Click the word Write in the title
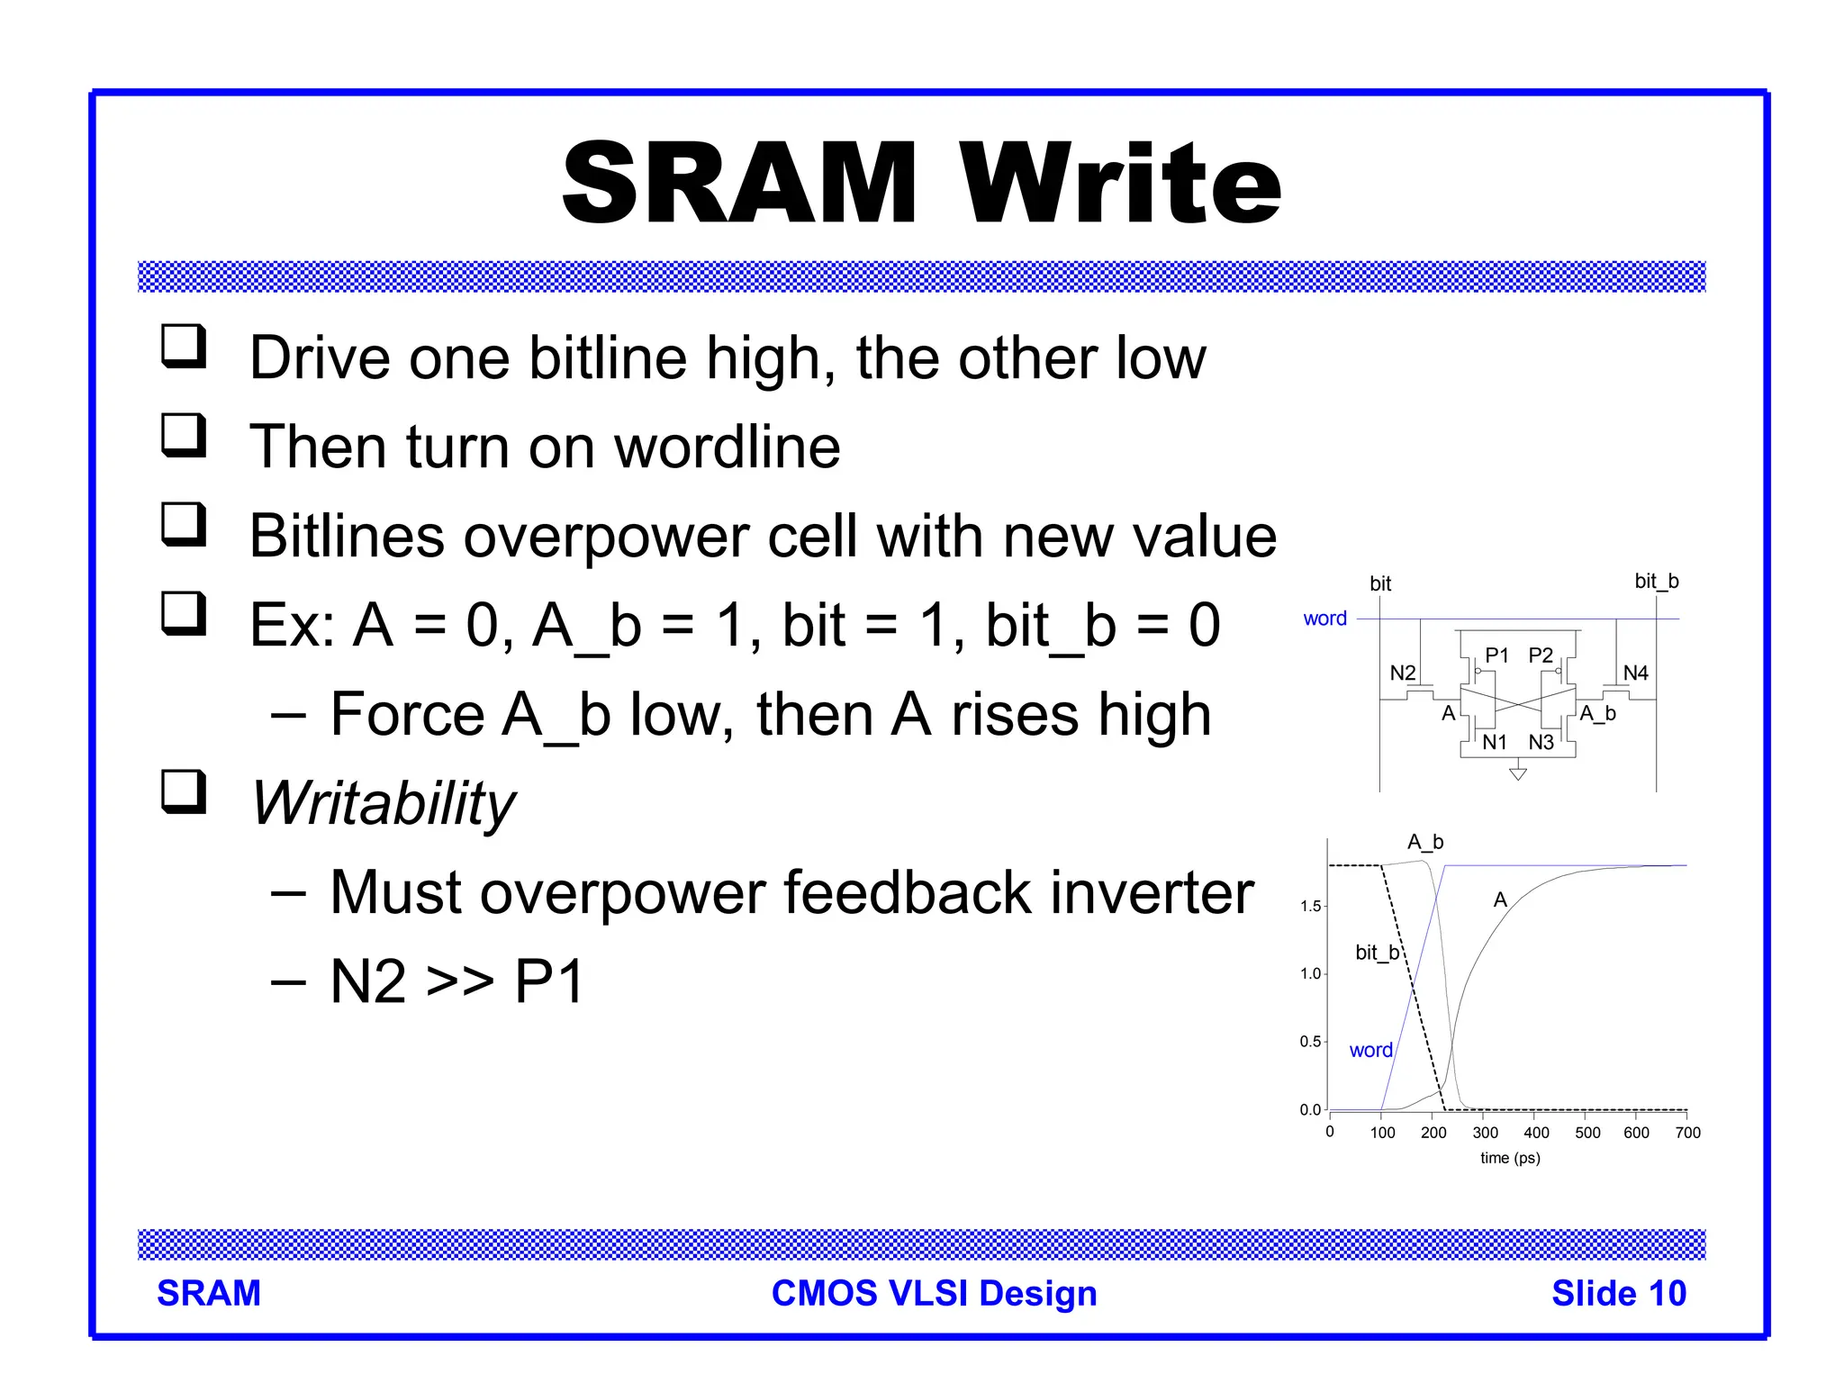1119,184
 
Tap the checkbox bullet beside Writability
184,792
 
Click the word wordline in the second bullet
728,447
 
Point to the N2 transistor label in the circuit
1402,673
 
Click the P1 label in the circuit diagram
1496,655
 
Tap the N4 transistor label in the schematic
1635,673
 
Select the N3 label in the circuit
1541,742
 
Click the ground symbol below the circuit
1518,773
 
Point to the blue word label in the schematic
1324,619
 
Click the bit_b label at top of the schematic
1656,581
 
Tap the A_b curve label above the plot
1425,842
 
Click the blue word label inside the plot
1370,1050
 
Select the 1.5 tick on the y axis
1310,906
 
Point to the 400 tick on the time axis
1536,1133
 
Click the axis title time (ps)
1510,1158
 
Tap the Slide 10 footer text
1618,1293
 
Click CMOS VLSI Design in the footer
934,1293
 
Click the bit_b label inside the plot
1377,953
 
